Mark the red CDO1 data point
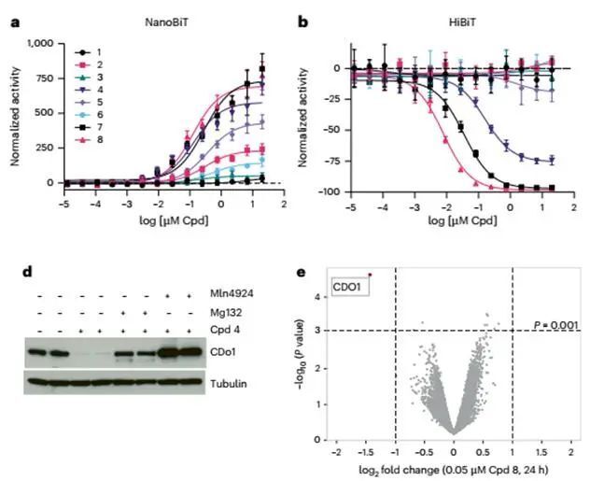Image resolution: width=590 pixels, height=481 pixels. point(371,275)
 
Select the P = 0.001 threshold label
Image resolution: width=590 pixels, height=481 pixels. point(556,323)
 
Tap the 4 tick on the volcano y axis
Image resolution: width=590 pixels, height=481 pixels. point(319,298)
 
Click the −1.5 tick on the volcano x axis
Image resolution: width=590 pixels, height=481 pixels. point(365,450)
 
